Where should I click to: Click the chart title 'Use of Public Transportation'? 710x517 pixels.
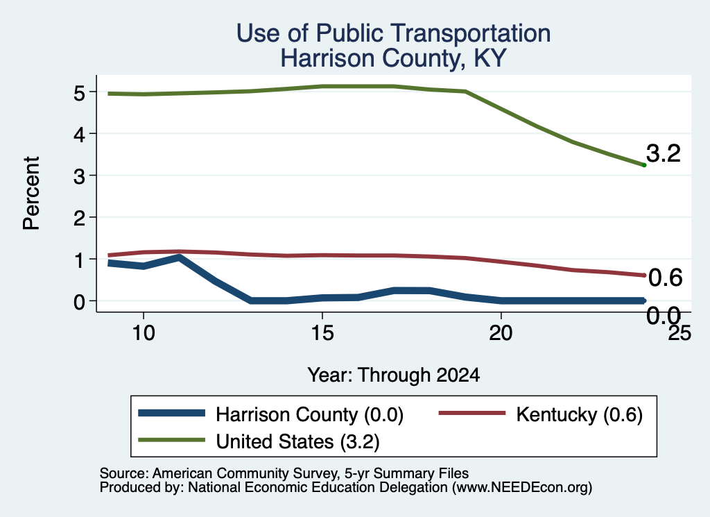coord(394,33)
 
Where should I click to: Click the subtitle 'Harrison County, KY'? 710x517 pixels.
coord(393,58)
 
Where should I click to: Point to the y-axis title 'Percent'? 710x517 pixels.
coord(31,193)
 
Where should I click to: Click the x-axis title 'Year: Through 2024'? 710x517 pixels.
coord(394,375)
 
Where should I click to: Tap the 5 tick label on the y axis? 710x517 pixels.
coord(79,94)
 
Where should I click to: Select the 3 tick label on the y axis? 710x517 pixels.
coord(79,177)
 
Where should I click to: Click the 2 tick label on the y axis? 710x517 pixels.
coord(79,219)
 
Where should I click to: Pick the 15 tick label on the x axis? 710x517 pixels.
coord(322,334)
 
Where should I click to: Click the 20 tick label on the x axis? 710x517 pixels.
coord(501,334)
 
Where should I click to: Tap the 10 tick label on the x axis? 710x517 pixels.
coord(144,334)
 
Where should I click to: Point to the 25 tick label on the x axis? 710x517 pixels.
coord(679,334)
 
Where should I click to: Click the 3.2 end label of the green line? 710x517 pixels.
coord(664,153)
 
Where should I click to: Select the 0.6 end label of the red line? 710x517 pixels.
coord(665,278)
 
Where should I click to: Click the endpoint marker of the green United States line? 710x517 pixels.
coord(644,165)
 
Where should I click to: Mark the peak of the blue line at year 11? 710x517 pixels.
coord(180,257)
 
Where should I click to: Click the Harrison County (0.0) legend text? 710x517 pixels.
coord(309,414)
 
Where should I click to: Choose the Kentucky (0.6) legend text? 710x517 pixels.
coord(579,414)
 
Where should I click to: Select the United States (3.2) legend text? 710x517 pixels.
coord(297,442)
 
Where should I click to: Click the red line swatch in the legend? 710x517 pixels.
coord(471,413)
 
